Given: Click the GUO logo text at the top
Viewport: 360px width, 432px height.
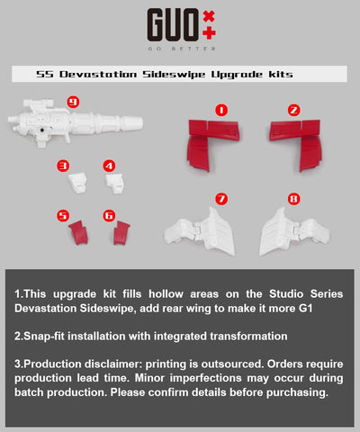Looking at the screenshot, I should [x=166, y=24].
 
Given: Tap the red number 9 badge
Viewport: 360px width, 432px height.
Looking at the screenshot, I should [x=73, y=102].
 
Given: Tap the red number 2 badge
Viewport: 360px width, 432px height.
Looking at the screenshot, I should [x=293, y=109].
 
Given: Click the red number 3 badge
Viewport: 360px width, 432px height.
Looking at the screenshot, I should [x=62, y=166].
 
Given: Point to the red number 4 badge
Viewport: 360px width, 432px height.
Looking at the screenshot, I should [x=109, y=166].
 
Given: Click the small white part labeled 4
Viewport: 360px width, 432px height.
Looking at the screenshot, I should [x=114, y=183].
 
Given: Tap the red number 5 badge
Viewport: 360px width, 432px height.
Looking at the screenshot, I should [x=62, y=215].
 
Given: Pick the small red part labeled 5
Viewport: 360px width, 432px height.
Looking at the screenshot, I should [x=77, y=233].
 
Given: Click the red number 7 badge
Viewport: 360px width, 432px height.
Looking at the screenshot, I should [x=221, y=198].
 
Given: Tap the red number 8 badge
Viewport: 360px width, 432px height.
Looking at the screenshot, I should [x=293, y=198].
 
